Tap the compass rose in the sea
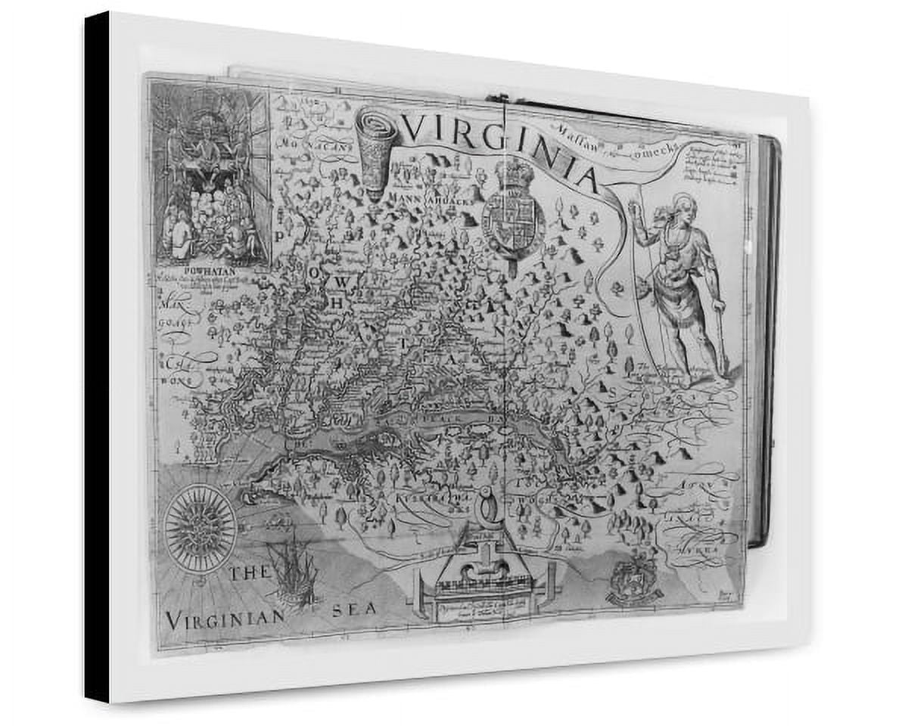[201, 526]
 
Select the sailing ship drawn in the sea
[291, 571]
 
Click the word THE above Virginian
[249, 573]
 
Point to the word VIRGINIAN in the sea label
[225, 618]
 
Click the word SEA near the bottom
[353, 610]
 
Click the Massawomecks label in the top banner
[613, 143]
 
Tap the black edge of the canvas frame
[97, 355]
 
